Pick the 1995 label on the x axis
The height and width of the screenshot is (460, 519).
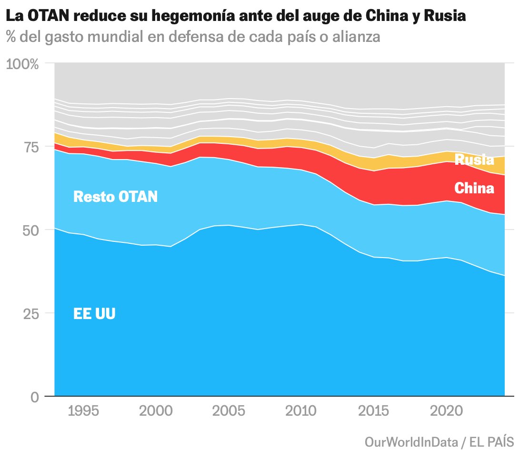point(84,411)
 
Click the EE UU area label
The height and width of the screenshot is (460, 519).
point(94,314)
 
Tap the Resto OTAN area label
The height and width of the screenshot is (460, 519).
point(115,197)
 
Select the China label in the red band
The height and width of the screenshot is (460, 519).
point(474,189)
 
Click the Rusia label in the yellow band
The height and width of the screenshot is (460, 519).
point(474,160)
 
